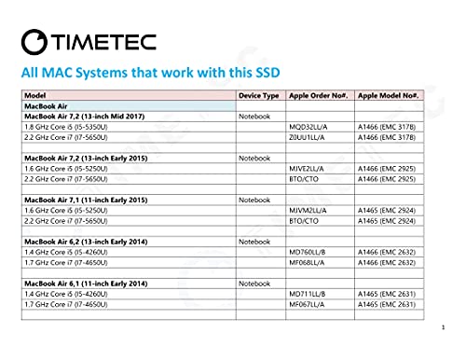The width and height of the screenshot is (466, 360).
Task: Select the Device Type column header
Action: (259, 96)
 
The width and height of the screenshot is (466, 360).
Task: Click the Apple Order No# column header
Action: (319, 96)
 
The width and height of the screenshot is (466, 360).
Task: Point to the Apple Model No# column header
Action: (391, 96)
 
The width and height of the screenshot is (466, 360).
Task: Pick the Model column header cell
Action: (34, 96)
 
